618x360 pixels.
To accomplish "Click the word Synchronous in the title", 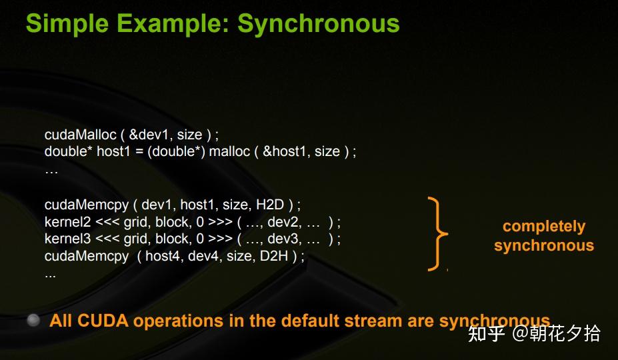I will click(x=319, y=23).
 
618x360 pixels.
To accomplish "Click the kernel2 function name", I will click(x=67, y=222).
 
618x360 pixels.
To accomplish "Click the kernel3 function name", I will click(x=67, y=239).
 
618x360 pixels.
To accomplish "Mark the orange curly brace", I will click(x=437, y=234).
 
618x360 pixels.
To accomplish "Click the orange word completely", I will click(x=543, y=227).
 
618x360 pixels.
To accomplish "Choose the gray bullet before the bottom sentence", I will click(x=33, y=321).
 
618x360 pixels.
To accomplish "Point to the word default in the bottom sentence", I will click(x=308, y=321).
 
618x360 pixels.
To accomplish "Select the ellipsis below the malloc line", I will click(x=51, y=171).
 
